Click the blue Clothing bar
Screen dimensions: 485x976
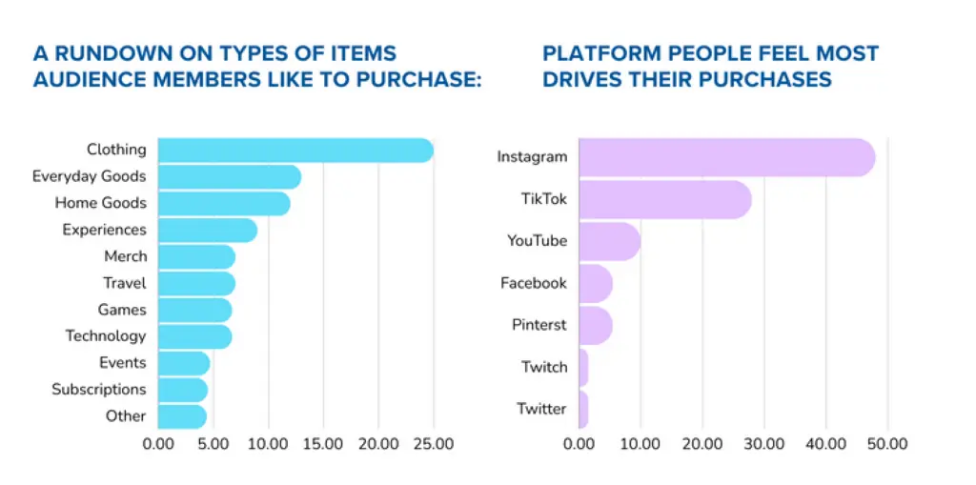pos(295,150)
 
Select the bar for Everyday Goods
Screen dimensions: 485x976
pos(229,176)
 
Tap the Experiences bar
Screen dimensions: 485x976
pos(207,230)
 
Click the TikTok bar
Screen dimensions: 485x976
pos(664,199)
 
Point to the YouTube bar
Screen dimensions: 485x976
pos(609,241)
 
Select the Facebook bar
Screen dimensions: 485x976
pos(595,283)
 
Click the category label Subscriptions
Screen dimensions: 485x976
pos(99,389)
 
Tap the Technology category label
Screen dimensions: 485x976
pos(106,335)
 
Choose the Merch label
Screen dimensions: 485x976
pos(125,256)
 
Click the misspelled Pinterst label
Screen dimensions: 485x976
pos(539,325)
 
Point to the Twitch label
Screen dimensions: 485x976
pos(544,367)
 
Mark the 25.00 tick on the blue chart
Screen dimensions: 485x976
pos(434,443)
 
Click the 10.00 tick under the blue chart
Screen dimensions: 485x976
pos(268,443)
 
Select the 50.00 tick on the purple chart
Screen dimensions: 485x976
pos(887,443)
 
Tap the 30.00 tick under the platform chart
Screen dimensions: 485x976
pos(763,443)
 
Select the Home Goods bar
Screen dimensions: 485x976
pos(223,203)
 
